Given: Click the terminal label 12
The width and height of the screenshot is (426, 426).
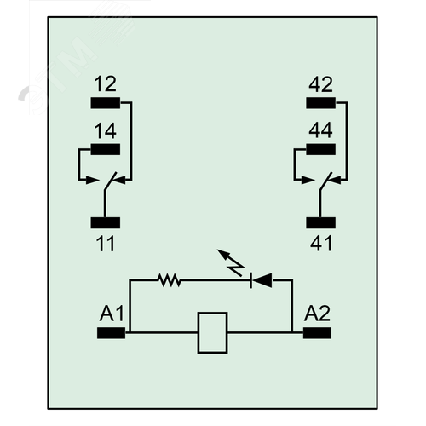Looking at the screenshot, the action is [105, 84].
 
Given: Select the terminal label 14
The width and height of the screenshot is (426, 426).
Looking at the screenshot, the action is [105, 131].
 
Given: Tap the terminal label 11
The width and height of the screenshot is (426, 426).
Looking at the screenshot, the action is [105, 244].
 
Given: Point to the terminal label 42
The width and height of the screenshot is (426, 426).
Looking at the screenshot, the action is [320, 84].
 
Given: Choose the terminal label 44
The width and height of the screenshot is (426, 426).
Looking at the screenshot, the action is [320, 130].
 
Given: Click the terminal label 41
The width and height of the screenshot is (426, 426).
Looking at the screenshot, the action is [321, 244].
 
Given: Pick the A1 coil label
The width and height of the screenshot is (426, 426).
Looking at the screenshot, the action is [112, 314].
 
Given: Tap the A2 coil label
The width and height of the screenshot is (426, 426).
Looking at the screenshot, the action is [317, 314].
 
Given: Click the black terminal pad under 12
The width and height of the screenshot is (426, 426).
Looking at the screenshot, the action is [106, 103].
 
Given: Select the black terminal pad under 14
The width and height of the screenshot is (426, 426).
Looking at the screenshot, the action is [106, 149].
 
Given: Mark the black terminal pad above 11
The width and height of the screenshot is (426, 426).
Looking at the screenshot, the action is [106, 223].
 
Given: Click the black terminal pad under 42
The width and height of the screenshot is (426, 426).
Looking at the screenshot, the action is [320, 103].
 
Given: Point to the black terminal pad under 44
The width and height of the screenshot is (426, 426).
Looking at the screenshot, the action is [320, 149].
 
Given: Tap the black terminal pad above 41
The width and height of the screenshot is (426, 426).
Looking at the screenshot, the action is [320, 223].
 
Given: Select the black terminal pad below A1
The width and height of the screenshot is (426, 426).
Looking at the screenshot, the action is [111, 333].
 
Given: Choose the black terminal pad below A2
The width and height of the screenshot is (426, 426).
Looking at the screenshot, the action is [317, 333].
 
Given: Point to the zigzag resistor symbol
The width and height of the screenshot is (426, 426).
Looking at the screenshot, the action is [170, 280].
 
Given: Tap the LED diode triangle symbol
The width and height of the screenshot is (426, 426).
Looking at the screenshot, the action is [261, 280].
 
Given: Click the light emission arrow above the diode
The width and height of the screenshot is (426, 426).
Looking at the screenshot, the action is [231, 262].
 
